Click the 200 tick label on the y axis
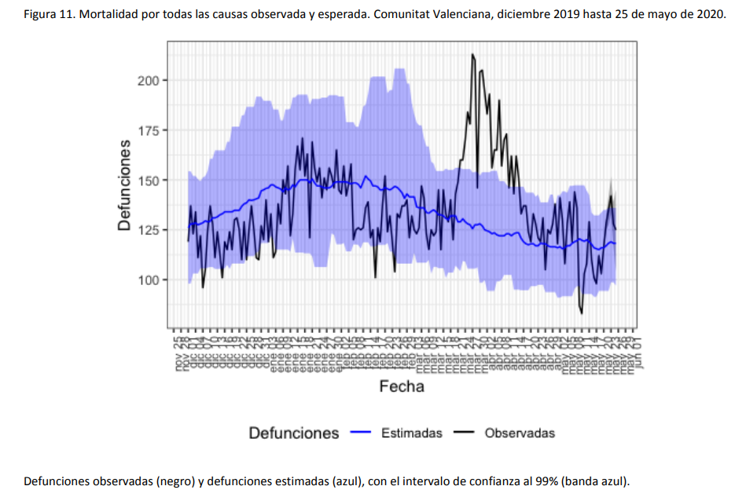pyautogui.click(x=148, y=81)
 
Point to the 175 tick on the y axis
pyautogui.click(x=148, y=130)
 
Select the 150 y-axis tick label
pyautogui.click(x=148, y=181)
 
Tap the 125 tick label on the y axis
pyautogui.click(x=148, y=230)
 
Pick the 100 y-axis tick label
pyautogui.click(x=148, y=280)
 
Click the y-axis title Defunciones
pyautogui.click(x=124, y=185)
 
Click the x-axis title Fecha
pyautogui.click(x=402, y=386)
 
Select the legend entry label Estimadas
pyautogui.click(x=411, y=433)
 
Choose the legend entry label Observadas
pyautogui.click(x=520, y=433)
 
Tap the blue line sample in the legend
pyautogui.click(x=361, y=433)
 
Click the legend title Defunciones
pyautogui.click(x=294, y=433)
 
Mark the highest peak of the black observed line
pyautogui.click(x=472, y=55)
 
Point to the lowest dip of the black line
pyautogui.click(x=582, y=313)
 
